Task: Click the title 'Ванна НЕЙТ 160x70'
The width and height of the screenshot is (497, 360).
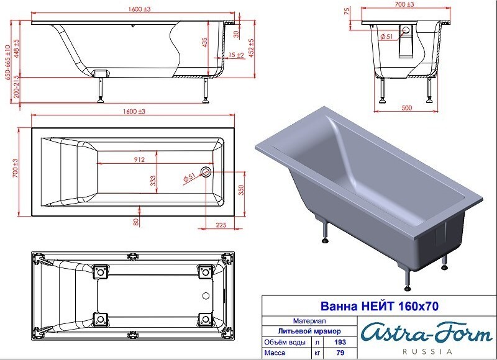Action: coord(380,306)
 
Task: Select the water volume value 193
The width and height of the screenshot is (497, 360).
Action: coord(340,342)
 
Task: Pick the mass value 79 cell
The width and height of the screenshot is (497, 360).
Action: coord(340,353)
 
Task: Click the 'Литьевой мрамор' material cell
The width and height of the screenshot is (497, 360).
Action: coord(309,331)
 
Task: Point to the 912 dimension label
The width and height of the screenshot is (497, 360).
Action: coord(139,160)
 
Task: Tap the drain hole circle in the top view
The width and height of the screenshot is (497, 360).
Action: coord(206,173)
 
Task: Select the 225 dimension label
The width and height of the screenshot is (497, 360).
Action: coord(221,225)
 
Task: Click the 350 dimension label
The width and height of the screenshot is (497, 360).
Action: coord(241,190)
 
